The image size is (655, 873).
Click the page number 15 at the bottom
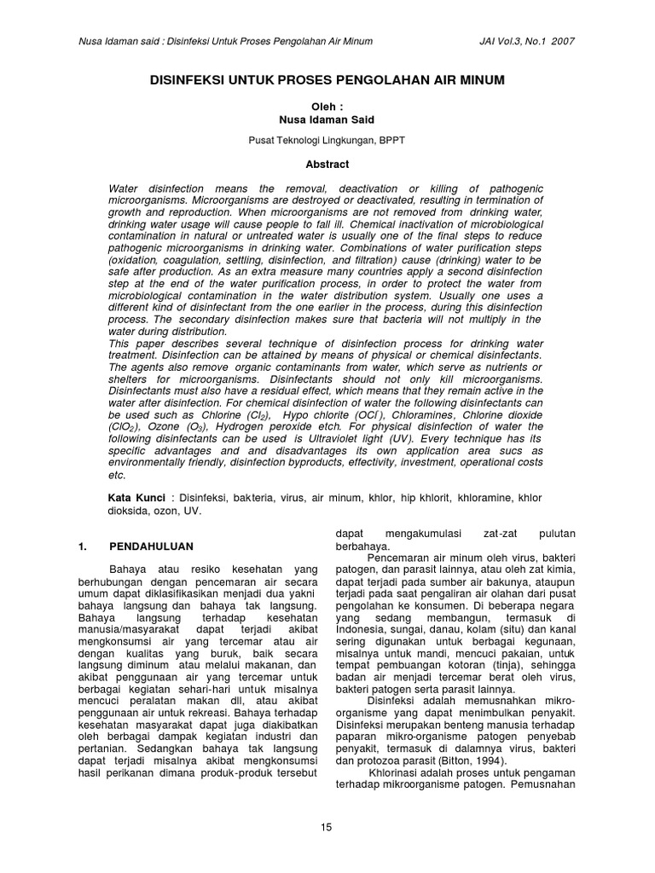327,826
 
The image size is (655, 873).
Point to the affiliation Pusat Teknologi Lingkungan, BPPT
327,141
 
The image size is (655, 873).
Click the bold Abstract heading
327,163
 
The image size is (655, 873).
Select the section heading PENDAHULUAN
151,546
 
